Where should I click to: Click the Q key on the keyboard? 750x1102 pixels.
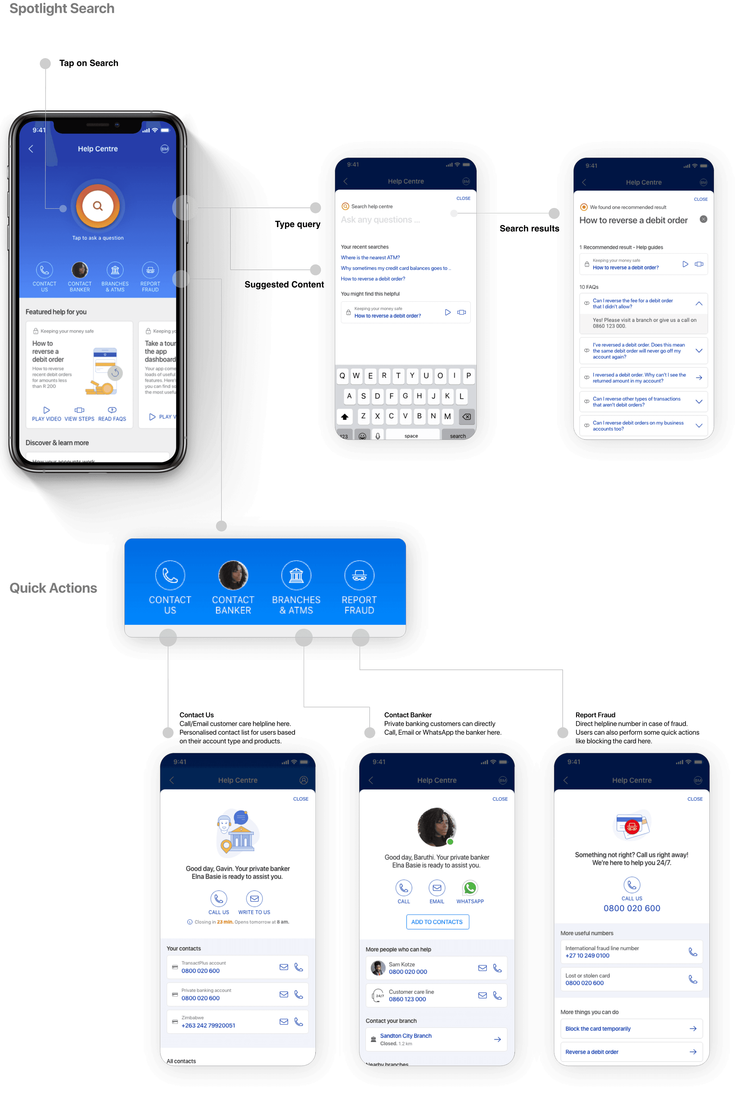click(342, 376)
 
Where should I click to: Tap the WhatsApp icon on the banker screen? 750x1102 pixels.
click(470, 888)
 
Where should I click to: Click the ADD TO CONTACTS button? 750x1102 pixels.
click(437, 922)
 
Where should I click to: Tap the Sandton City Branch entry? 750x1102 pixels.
click(406, 1036)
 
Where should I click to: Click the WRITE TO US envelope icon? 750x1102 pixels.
click(254, 899)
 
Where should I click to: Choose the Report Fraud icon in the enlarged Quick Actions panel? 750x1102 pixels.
click(359, 575)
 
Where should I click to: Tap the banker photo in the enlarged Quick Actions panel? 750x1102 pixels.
click(233, 575)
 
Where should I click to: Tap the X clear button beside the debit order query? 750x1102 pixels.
click(703, 219)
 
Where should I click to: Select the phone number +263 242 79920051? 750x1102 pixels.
click(208, 1025)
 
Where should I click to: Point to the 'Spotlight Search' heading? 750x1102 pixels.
click(62, 9)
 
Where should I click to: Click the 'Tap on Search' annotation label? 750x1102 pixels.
click(89, 63)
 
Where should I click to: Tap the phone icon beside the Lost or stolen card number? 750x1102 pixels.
click(693, 979)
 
